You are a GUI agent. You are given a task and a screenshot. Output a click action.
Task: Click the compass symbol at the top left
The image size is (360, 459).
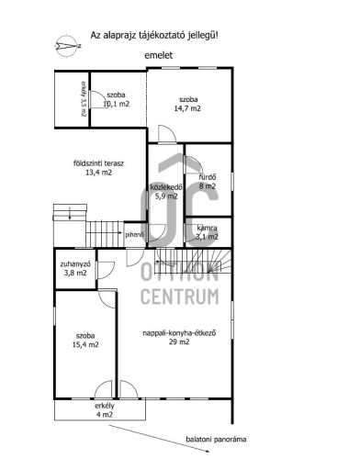(68, 46)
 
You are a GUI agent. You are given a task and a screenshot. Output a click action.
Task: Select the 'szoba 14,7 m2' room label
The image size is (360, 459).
(187, 104)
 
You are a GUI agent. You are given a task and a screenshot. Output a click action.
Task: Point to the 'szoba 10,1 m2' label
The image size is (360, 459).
(116, 99)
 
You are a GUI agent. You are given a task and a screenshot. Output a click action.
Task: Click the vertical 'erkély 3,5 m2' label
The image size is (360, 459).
(84, 98)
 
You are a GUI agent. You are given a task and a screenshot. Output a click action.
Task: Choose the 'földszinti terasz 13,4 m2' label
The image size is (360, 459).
(98, 168)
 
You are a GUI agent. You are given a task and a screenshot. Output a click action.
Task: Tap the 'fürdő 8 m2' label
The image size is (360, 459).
(208, 182)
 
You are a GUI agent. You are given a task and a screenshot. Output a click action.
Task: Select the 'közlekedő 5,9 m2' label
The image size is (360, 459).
(166, 192)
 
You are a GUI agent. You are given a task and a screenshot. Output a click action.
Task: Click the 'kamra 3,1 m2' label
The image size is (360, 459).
(208, 232)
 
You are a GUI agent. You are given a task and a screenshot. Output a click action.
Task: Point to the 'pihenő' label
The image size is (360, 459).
(134, 235)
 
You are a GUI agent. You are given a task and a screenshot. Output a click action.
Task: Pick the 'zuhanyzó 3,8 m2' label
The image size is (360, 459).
(75, 268)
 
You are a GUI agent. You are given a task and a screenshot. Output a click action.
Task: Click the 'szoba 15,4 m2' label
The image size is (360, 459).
(85, 341)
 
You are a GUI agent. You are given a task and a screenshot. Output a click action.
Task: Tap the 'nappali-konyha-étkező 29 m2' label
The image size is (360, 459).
(179, 337)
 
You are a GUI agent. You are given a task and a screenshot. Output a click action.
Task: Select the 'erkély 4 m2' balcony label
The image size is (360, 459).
(105, 410)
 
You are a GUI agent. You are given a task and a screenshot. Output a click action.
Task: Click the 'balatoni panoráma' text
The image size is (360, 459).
(216, 440)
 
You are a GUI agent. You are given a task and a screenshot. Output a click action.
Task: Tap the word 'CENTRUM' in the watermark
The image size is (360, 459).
(180, 297)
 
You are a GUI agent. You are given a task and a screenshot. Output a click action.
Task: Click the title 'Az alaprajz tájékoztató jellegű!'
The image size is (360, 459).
(154, 36)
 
